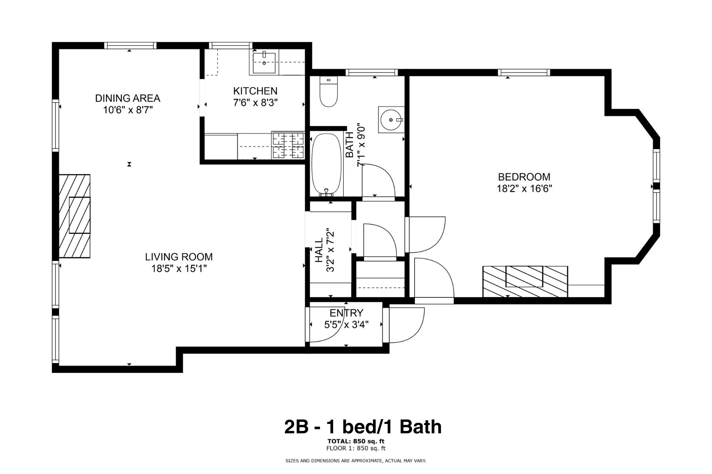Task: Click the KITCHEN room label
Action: point(255,91)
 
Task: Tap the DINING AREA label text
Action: point(127,98)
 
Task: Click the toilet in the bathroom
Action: point(328,93)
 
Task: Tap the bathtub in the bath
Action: point(326,164)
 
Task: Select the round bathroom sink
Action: point(390,119)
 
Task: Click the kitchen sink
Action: point(264,62)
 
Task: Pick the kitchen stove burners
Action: point(288,145)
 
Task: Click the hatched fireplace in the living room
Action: point(74,216)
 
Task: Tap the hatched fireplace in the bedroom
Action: point(525,281)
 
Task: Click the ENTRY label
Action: point(346,313)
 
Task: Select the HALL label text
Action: point(319,250)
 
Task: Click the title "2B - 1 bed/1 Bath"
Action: point(363,427)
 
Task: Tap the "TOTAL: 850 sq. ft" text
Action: point(356,441)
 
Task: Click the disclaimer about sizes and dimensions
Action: point(356,461)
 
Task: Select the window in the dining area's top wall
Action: point(130,45)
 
